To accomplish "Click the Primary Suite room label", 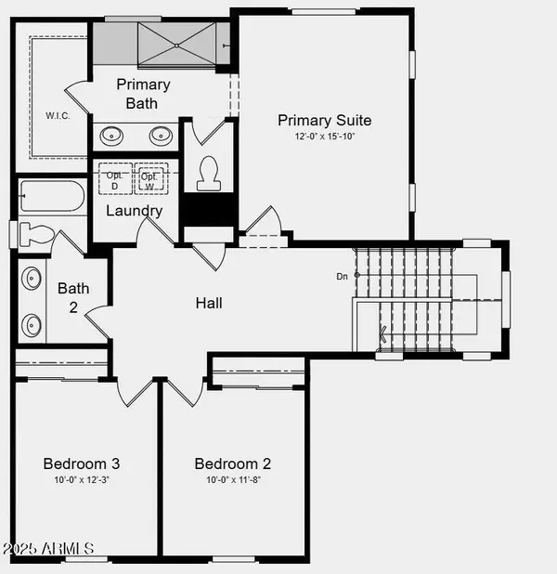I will pyautogui.click(x=325, y=120).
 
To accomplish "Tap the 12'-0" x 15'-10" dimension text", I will pyautogui.click(x=325, y=137).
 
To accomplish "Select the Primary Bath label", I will pyautogui.click(x=143, y=93).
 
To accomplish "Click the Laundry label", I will pyautogui.click(x=134, y=211).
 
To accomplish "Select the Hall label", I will pyautogui.click(x=209, y=303).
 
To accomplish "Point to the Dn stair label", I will pyautogui.click(x=342, y=276).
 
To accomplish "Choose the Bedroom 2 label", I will pyautogui.click(x=232, y=463).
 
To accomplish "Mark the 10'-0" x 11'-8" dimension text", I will pyautogui.click(x=232, y=480).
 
